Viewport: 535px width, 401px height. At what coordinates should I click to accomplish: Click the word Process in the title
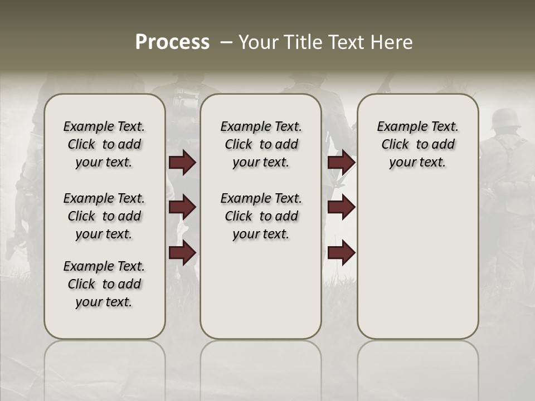coord(172,42)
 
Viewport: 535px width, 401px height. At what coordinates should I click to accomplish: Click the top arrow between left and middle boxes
coord(182,162)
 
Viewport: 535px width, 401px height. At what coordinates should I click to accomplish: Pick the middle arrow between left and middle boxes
coord(182,208)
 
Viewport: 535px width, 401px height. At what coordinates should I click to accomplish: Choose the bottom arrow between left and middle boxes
coord(182,253)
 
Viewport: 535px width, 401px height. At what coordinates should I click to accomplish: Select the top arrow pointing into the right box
coord(341,162)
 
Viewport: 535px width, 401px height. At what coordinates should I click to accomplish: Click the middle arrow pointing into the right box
coord(341,208)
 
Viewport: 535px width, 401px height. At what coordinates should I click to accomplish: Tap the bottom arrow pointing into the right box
coord(341,253)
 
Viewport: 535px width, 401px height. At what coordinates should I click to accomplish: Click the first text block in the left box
coord(104,144)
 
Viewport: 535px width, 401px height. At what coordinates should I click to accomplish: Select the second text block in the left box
coord(104,216)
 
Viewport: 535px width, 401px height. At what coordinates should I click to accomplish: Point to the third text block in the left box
coord(104,284)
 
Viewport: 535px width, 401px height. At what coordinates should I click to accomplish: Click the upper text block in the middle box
coord(261,144)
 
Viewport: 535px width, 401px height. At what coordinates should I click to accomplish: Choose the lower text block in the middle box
coord(261,216)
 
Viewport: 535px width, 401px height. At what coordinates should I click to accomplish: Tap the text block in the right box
coord(417,144)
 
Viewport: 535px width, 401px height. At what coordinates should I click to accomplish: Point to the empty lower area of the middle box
coord(261,290)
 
